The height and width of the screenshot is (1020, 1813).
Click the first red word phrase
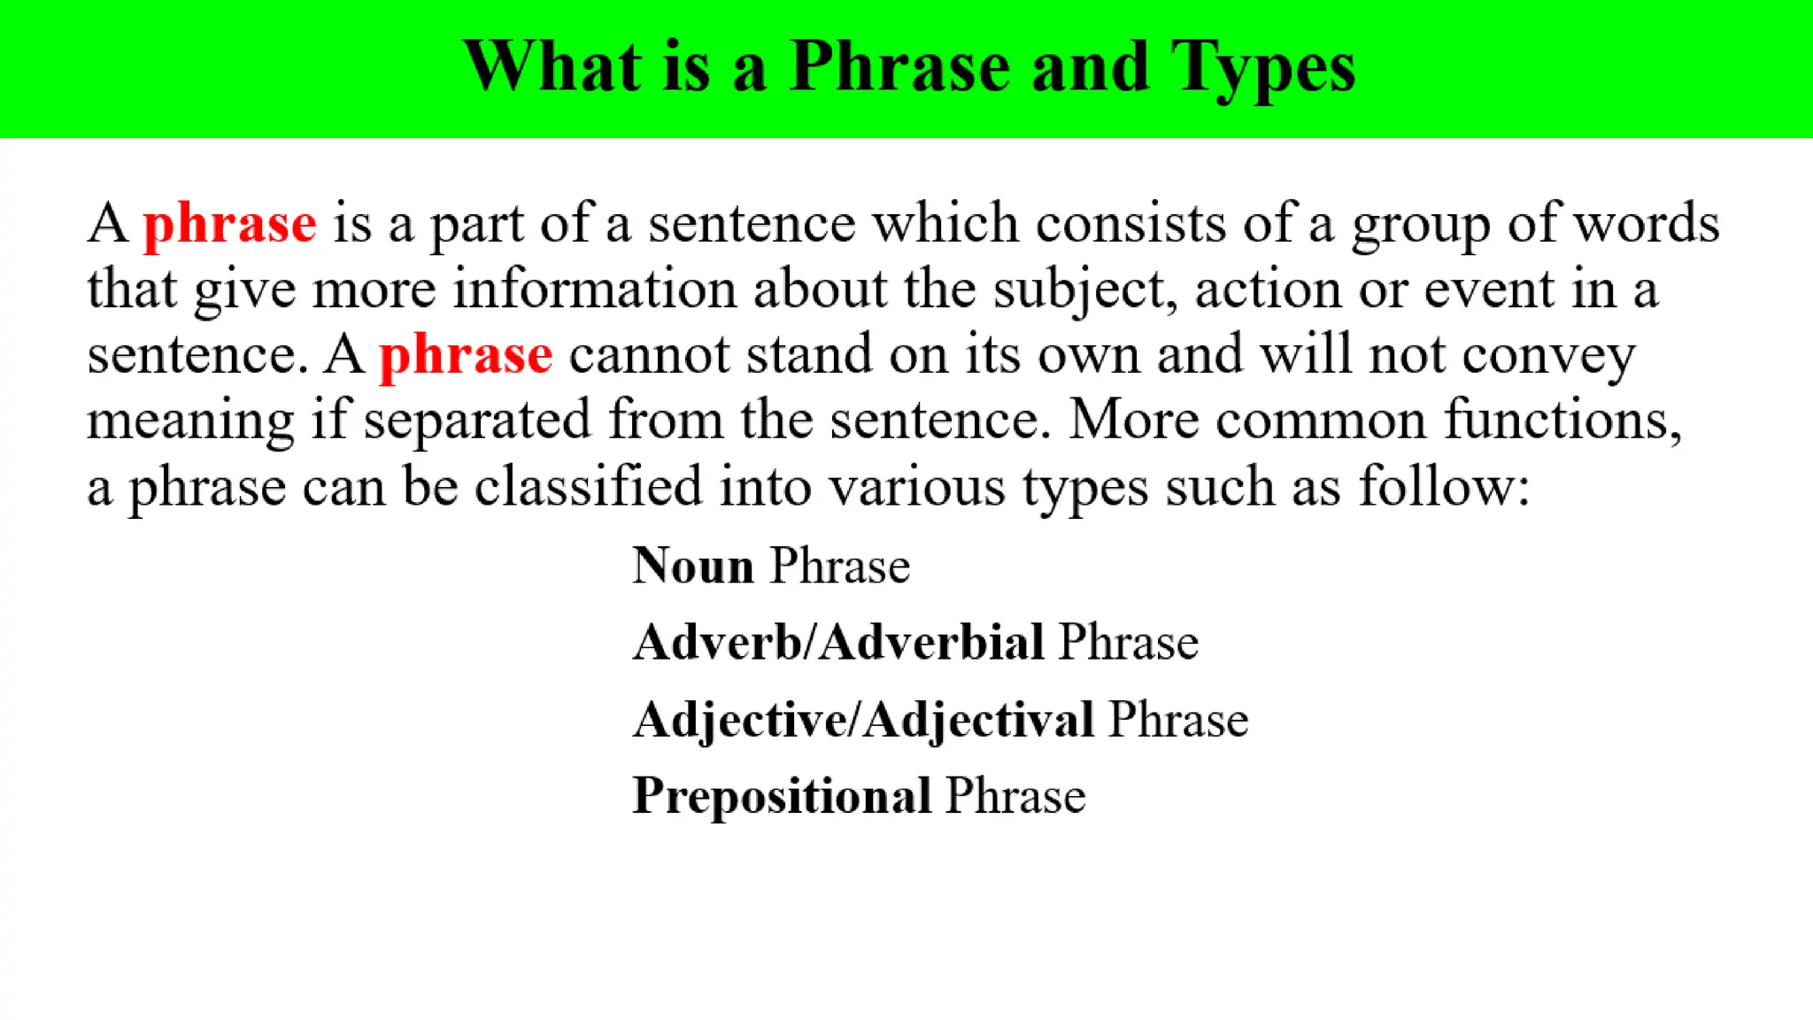[230, 224]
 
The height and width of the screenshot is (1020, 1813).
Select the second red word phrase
[466, 356]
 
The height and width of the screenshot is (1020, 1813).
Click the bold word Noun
[693, 566]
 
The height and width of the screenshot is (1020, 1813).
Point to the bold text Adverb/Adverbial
[838, 642]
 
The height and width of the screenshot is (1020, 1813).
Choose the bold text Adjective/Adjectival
[863, 719]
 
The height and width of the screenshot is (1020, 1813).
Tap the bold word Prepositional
[782, 795]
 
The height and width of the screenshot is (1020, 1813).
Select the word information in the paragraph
[595, 290]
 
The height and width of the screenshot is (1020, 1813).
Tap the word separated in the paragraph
[477, 421]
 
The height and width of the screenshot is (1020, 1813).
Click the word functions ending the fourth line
[1562, 421]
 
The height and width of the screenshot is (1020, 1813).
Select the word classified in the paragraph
[588, 487]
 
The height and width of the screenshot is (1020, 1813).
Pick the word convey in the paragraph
[1547, 356]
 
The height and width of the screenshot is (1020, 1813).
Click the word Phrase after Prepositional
[1015, 795]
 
